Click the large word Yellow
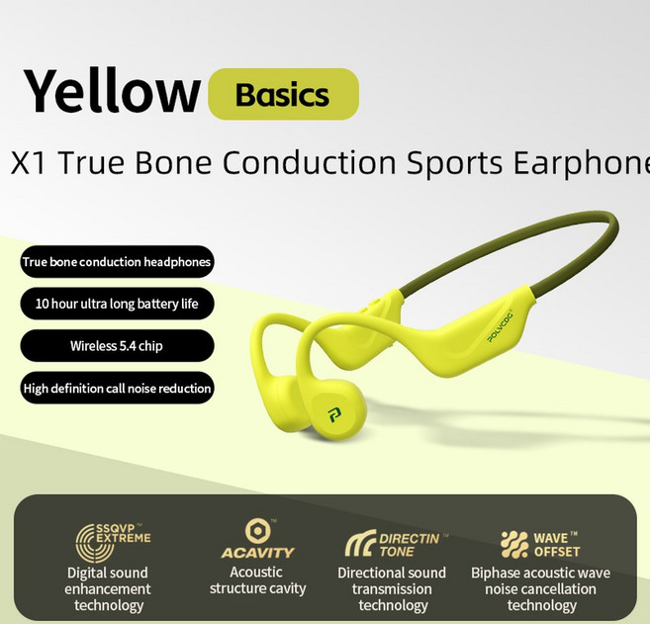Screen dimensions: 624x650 pyautogui.click(x=111, y=92)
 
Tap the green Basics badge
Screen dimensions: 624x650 pyautogui.click(x=283, y=95)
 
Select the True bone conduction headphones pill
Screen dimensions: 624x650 pyautogui.click(x=116, y=262)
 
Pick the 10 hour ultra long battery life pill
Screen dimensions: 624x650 pyautogui.click(x=116, y=304)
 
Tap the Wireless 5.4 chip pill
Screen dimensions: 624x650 pyautogui.click(x=116, y=346)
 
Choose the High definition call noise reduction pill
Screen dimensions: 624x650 pyautogui.click(x=116, y=388)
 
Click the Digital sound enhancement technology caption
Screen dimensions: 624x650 pyautogui.click(x=108, y=588)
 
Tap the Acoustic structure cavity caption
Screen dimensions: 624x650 pyautogui.click(x=257, y=580)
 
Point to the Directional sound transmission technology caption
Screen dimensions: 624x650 pyautogui.click(x=392, y=588)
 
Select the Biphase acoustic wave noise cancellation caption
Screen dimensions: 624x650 pyautogui.click(x=540, y=588)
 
